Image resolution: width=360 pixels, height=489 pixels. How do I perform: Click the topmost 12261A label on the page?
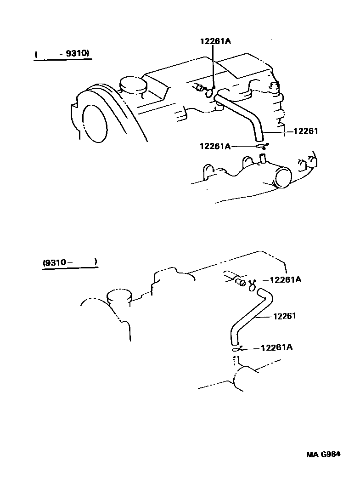tap(215, 41)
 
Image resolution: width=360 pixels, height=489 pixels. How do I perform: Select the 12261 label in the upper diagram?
tap(305, 131)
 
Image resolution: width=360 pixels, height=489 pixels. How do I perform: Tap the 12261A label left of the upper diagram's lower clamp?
tap(215, 146)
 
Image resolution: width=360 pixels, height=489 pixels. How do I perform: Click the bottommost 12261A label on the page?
tap(276, 347)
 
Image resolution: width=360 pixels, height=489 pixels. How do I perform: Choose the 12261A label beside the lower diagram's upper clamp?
tap(285, 279)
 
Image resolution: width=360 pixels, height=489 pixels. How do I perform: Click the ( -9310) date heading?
tap(62, 54)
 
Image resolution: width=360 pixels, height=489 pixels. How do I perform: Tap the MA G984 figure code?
tap(323, 455)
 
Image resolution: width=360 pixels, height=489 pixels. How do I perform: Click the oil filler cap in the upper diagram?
tap(132, 85)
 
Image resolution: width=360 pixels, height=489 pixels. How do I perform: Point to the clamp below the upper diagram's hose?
tap(262, 146)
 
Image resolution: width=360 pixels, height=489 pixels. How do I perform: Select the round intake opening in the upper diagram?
tap(283, 177)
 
